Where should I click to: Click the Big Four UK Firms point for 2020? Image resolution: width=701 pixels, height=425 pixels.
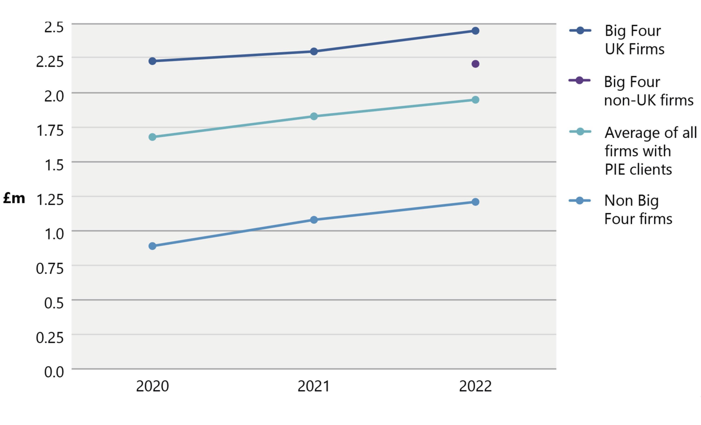pyautogui.click(x=152, y=61)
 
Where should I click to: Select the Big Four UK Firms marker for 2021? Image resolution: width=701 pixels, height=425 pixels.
pyautogui.click(x=314, y=51)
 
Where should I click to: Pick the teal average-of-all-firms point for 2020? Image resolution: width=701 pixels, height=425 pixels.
pyautogui.click(x=152, y=137)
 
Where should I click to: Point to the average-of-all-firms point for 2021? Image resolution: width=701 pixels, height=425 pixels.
pyautogui.click(x=314, y=116)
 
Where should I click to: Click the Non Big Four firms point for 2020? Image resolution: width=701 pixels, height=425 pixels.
pyautogui.click(x=152, y=246)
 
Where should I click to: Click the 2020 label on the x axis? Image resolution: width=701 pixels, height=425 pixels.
pyautogui.click(x=152, y=386)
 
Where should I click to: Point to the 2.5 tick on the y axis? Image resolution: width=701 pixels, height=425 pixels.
pyautogui.click(x=54, y=27)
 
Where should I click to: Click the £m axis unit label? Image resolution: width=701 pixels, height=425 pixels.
pyautogui.click(x=14, y=198)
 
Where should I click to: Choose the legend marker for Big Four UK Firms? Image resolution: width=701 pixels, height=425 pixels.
pyautogui.click(x=580, y=31)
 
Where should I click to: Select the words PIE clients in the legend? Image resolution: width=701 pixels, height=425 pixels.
pyautogui.click(x=638, y=170)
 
